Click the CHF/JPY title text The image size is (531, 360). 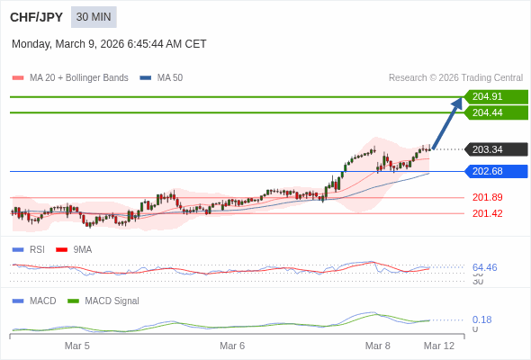click(x=36, y=17)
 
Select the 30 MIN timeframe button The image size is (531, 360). click(x=94, y=17)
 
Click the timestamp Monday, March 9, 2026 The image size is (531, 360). click(x=109, y=43)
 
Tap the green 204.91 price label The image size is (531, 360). click(x=495, y=96)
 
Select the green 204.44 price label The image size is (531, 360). click(x=495, y=112)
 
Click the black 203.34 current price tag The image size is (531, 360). click(x=495, y=149)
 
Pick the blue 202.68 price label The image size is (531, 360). click(x=495, y=171)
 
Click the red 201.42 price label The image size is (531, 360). click(x=487, y=213)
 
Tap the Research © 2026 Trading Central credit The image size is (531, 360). click(x=455, y=78)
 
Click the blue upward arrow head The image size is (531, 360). click(x=457, y=103)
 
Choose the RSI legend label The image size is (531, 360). click(x=37, y=249)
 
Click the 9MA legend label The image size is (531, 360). click(x=82, y=249)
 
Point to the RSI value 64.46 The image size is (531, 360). click(x=484, y=267)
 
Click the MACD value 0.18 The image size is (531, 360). click(x=481, y=319)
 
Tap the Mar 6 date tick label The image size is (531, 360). click(x=232, y=346)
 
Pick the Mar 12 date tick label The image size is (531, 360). click(x=439, y=346)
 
